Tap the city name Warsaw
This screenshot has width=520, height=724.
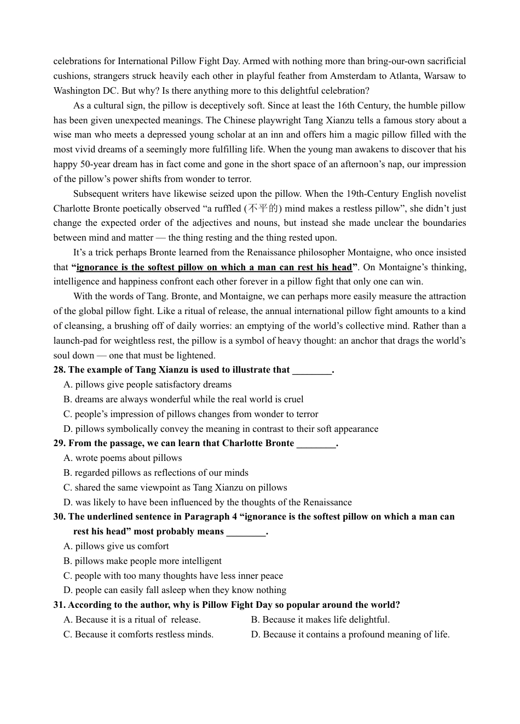438,76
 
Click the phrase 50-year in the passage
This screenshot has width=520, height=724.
93,164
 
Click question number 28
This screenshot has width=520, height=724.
59,369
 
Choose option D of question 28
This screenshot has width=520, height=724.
221,429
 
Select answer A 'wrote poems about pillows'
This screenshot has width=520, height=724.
123,458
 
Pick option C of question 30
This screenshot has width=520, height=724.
173,575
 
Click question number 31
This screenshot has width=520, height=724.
59,605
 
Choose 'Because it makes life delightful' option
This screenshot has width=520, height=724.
320,619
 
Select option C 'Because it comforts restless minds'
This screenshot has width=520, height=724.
138,634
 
